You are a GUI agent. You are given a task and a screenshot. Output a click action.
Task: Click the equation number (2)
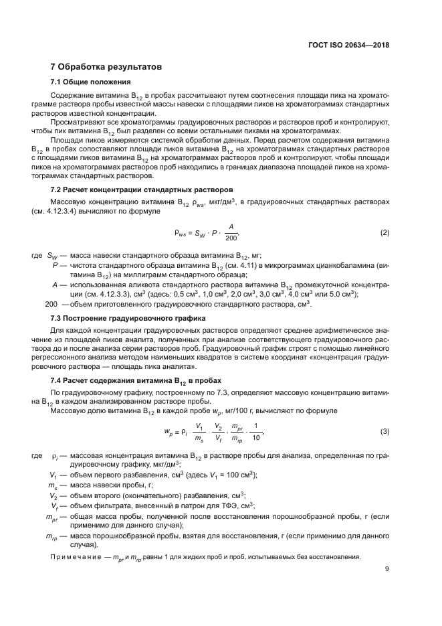click(x=384, y=232)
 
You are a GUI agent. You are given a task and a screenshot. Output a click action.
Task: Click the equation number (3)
click(x=384, y=431)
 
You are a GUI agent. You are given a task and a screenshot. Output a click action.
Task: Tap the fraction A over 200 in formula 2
click(x=231, y=232)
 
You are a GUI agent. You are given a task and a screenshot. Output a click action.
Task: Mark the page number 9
click(x=386, y=570)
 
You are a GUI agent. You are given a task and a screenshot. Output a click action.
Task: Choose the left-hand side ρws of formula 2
click(x=181, y=233)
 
